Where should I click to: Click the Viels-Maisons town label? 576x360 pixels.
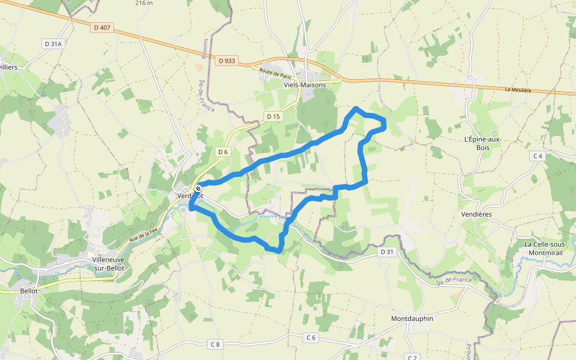point(305,85)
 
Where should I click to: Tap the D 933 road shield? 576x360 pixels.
point(227,61)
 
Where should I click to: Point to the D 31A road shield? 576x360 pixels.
point(52,44)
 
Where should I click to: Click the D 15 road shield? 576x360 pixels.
point(273,116)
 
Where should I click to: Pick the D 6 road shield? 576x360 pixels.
point(223,152)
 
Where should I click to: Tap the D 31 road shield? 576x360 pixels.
point(387,252)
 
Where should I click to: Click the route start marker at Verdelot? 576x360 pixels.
point(198,188)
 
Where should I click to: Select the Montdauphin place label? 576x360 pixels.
point(412,319)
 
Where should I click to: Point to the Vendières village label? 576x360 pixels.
point(476,214)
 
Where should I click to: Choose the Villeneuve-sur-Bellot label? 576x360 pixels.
point(109,263)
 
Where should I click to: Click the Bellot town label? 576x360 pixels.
point(29,291)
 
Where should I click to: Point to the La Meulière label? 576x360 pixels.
point(518,90)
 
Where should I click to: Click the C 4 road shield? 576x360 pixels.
point(537,156)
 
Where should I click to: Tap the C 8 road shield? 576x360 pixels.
point(215,344)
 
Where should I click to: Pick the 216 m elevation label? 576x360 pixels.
point(144,3)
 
